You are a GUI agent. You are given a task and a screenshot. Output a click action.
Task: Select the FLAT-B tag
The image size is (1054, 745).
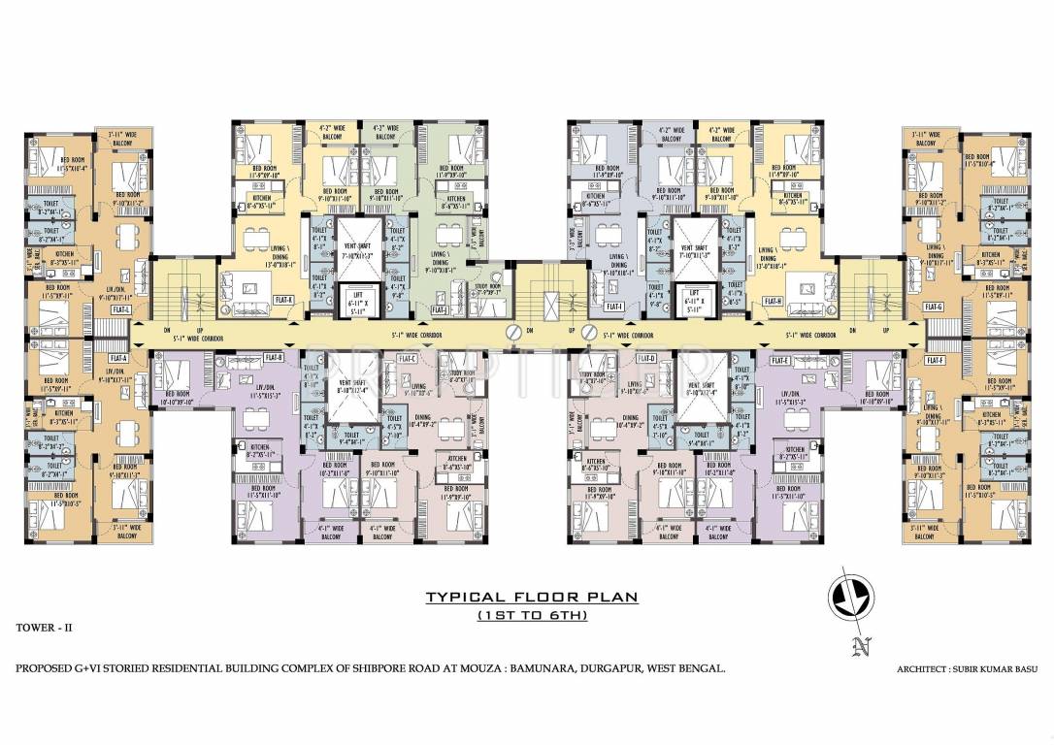click(x=275, y=357)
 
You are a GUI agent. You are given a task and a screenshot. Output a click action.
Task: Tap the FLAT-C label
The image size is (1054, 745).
click(x=408, y=359)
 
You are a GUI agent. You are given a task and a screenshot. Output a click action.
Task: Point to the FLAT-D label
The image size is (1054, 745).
click(x=647, y=359)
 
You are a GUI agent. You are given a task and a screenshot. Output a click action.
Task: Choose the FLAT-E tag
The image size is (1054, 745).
click(x=780, y=359)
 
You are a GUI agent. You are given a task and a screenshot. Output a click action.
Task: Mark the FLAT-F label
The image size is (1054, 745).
click(x=935, y=360)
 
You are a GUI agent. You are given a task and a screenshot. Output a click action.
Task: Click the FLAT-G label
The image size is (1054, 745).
click(x=935, y=308)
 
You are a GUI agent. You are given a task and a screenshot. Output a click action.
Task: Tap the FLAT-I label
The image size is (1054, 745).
click(x=613, y=308)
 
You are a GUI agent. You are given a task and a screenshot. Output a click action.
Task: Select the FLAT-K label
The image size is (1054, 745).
click(x=284, y=300)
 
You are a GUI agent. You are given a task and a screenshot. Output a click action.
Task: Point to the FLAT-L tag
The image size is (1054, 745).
click(x=121, y=308)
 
